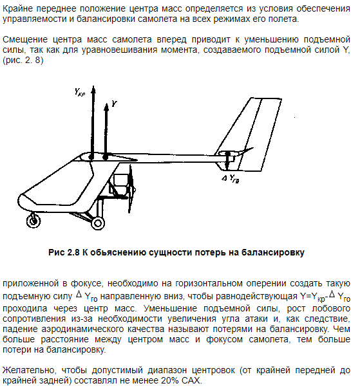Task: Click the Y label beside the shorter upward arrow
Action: pos(113,103)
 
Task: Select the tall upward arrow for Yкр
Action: pos(91,122)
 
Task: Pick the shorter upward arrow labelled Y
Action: pos(105,129)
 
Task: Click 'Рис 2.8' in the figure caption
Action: pos(63,252)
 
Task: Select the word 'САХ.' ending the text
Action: pos(191,380)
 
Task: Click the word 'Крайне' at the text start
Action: pos(17,8)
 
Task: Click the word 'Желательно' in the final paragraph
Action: pos(28,370)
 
